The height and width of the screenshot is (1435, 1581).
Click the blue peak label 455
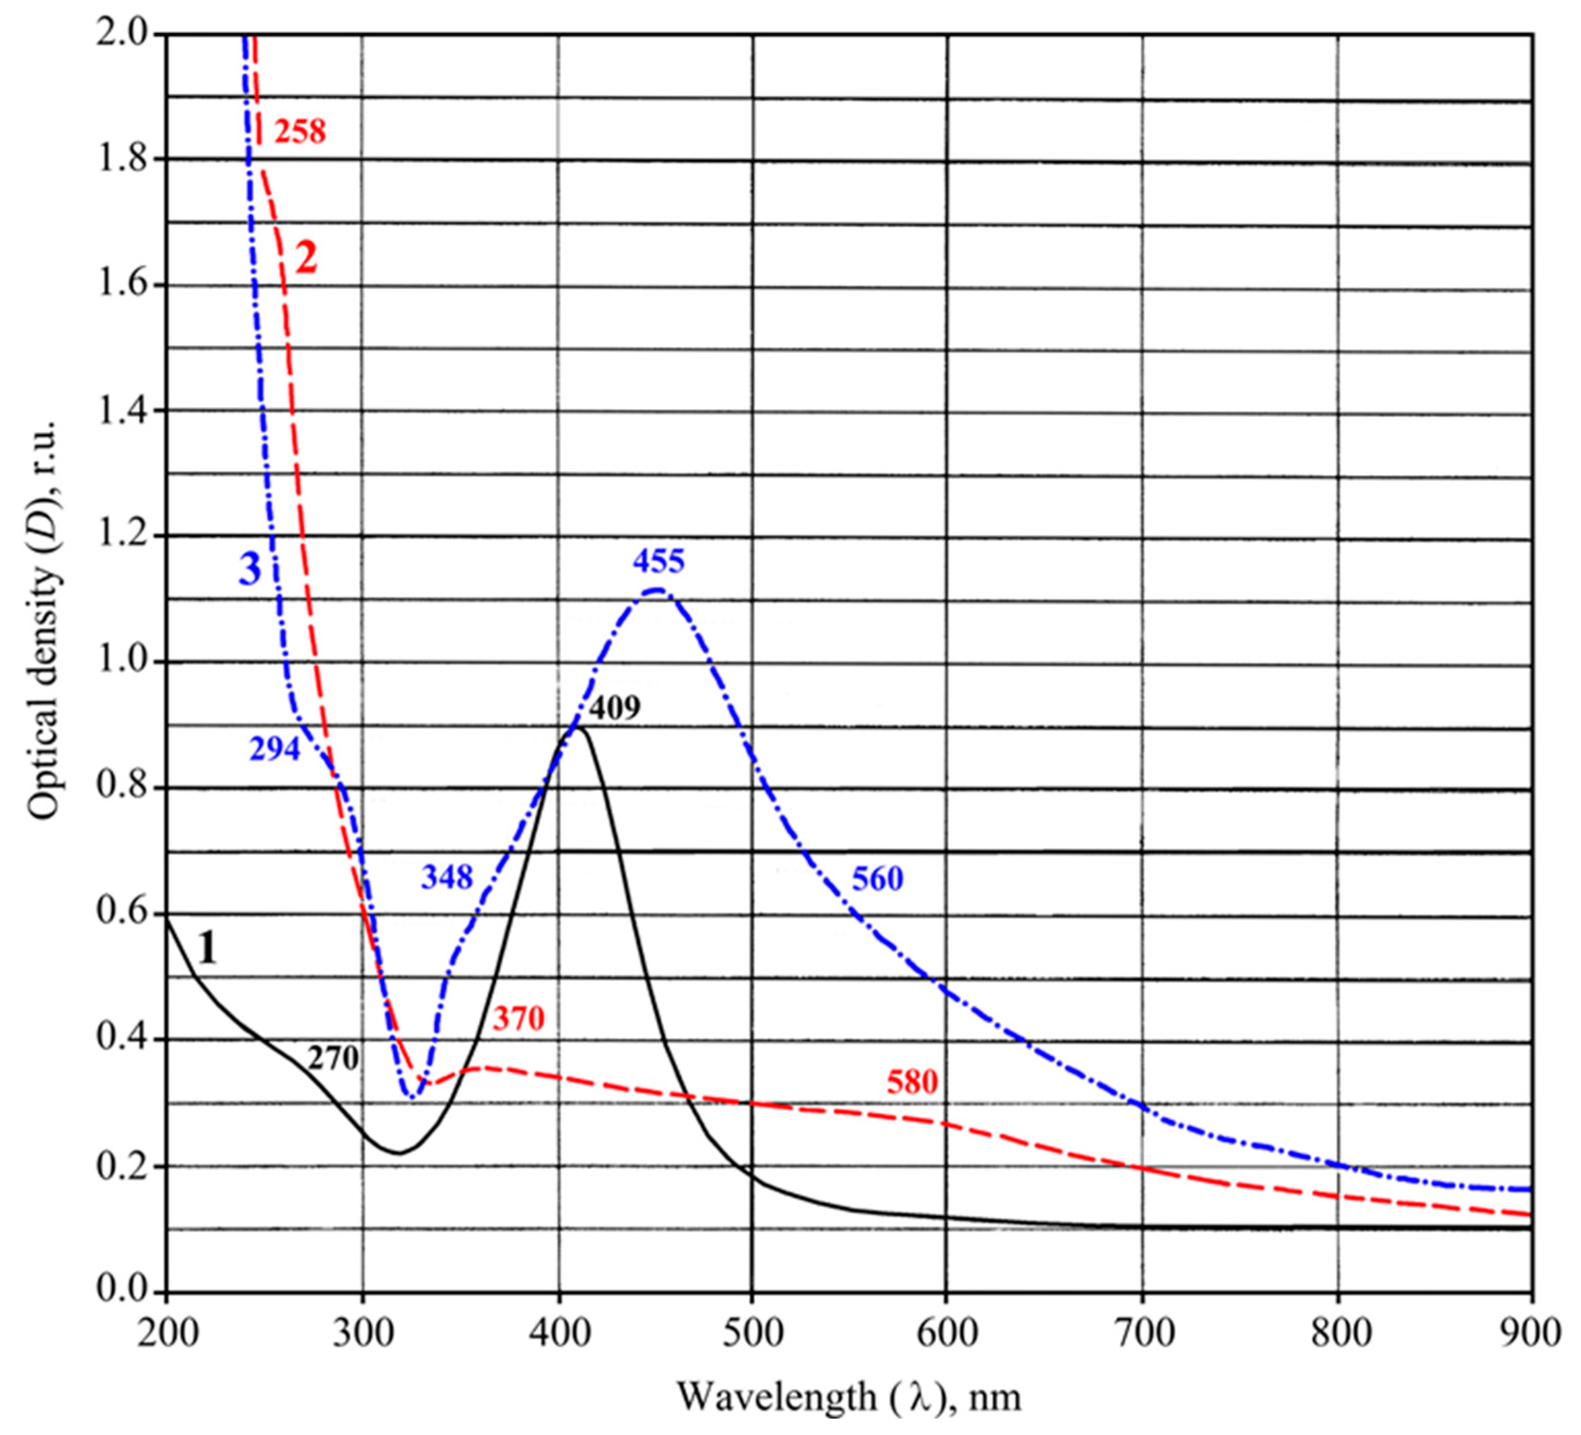pos(659,561)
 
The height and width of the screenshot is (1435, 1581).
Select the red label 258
pos(300,132)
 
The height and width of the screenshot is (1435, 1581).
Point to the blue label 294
pos(274,749)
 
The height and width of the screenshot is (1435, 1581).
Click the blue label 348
pos(447,877)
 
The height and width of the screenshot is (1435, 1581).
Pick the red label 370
pos(518,1019)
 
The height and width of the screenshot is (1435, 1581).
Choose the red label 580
pos(912,1082)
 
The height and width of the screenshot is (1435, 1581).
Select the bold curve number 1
pos(207,949)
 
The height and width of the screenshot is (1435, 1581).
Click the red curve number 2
pos(306,258)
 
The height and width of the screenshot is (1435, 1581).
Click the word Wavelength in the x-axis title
pos(776,1397)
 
